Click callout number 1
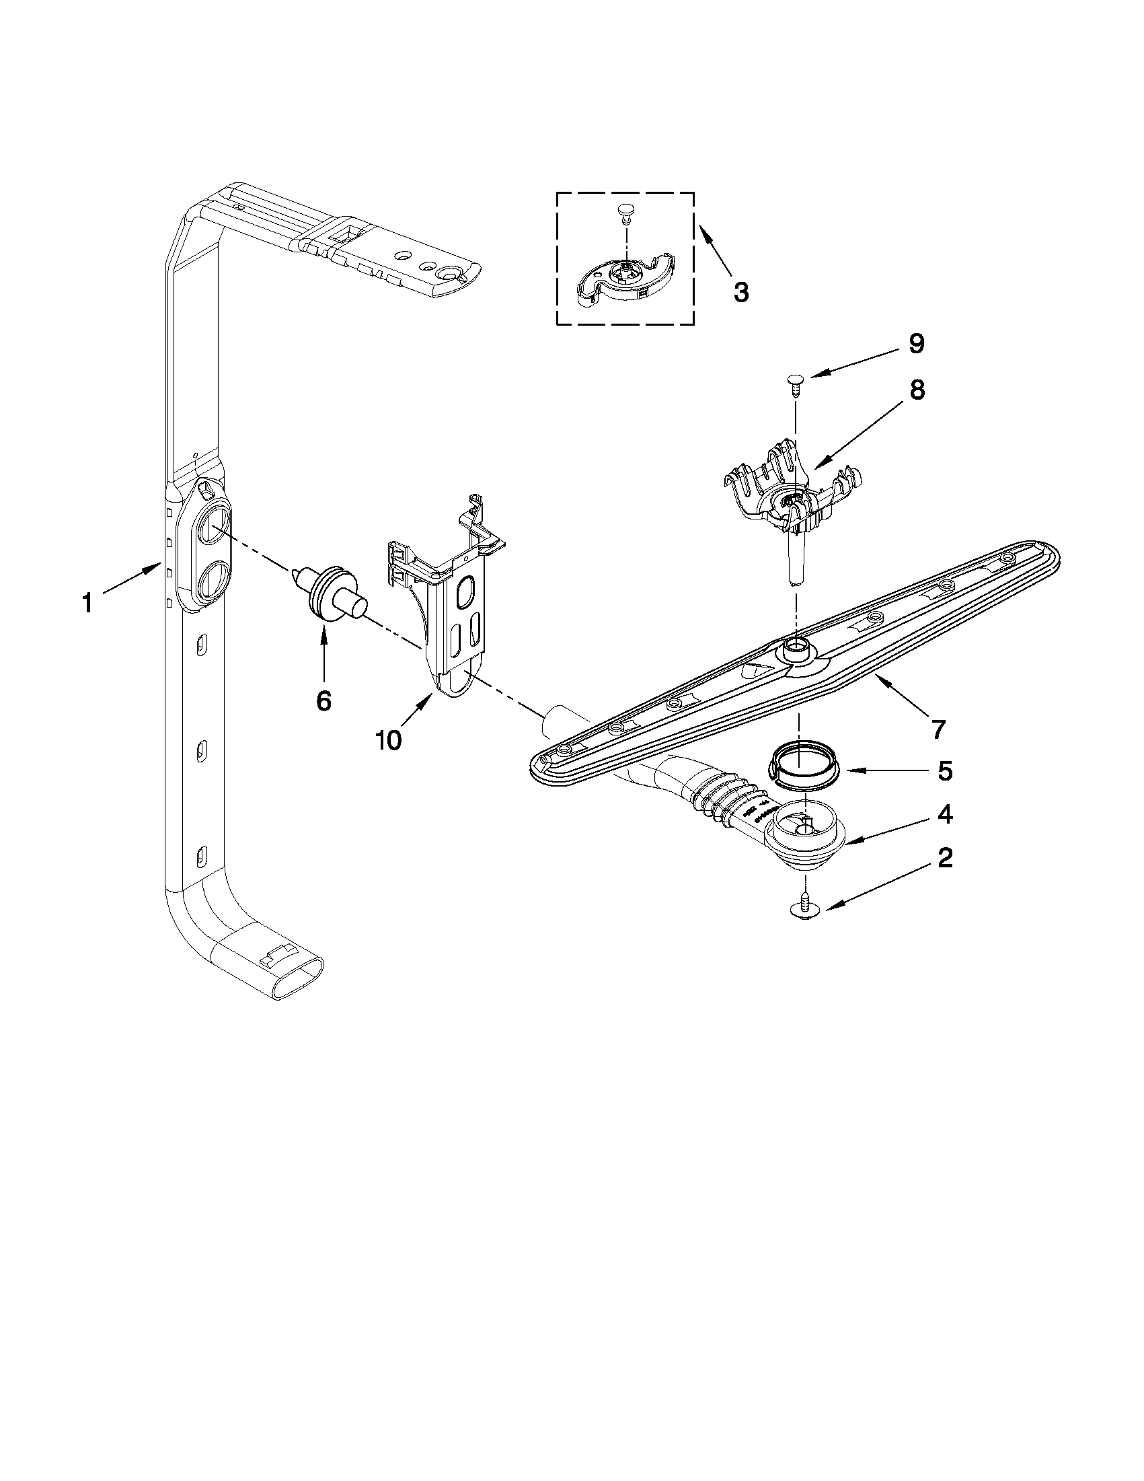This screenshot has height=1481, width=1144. [87, 602]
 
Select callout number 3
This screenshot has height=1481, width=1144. [740, 292]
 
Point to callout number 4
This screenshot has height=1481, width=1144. [945, 814]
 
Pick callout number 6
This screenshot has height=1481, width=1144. [323, 700]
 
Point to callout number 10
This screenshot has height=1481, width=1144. [388, 739]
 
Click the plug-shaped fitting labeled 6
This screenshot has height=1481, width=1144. [330, 592]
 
